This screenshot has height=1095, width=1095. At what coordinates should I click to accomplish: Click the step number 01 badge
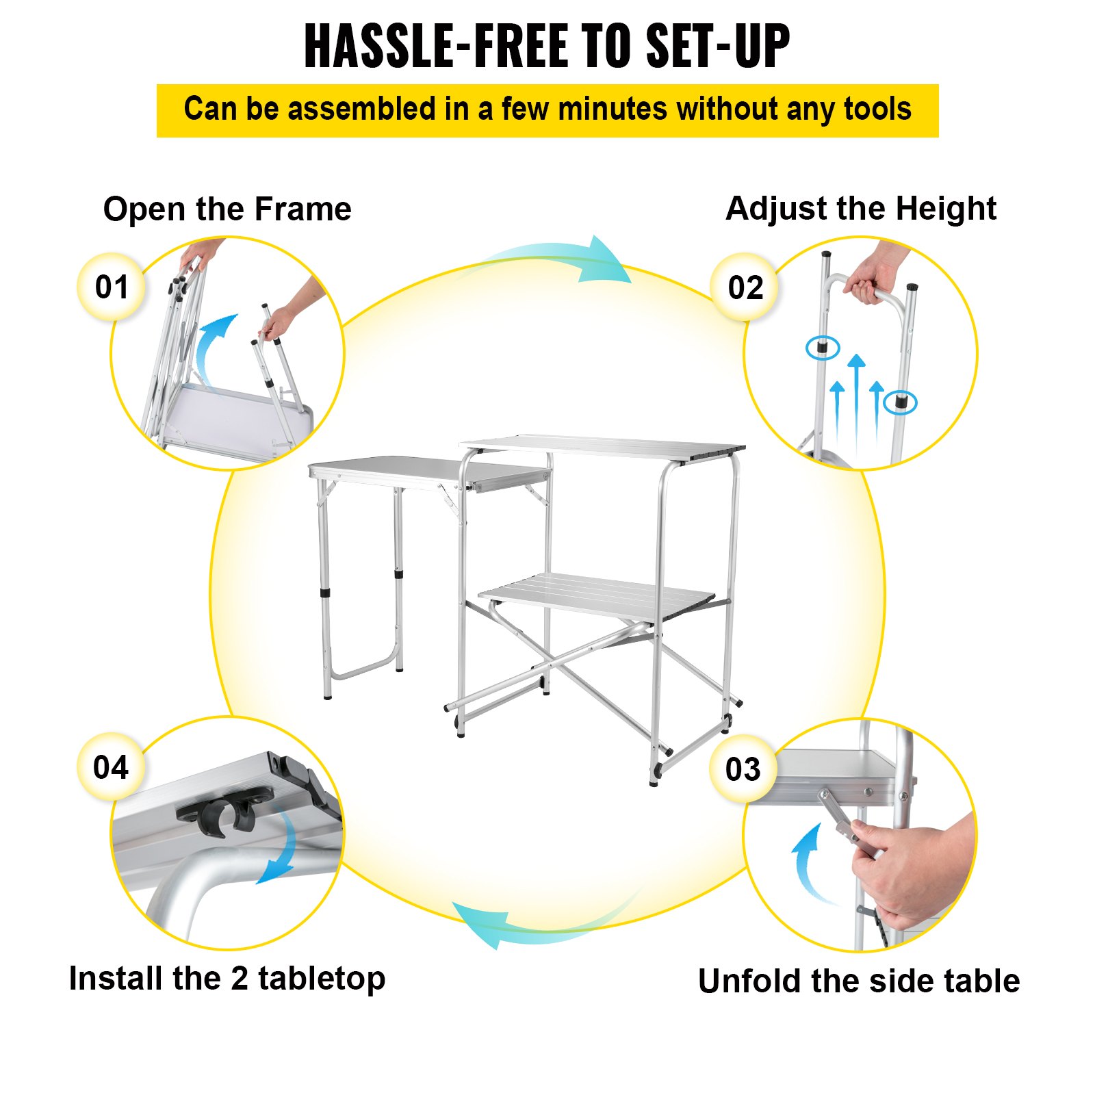112,287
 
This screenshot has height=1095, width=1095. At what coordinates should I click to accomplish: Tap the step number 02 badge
745,287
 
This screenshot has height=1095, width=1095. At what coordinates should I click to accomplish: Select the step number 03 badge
743,769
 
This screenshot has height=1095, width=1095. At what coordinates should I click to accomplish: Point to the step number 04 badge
111,766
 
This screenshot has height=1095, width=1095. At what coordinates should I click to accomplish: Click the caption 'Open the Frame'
227,209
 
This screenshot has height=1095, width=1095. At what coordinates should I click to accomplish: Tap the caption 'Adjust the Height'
861,209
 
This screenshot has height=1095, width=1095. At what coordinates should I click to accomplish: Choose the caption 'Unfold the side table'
859,981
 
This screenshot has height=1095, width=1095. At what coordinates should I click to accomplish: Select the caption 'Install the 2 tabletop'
227,979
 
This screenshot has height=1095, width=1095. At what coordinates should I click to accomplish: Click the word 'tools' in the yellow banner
877,109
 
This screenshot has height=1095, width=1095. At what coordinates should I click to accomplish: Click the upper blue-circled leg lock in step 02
823,348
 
